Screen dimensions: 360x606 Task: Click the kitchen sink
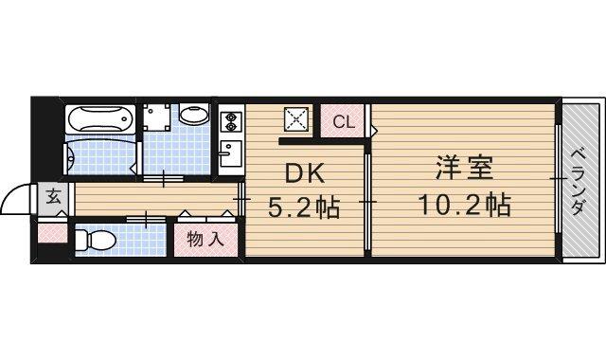click(x=228, y=153)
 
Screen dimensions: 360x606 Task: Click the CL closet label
click(x=345, y=121)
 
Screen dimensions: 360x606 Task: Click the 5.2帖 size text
click(x=301, y=206)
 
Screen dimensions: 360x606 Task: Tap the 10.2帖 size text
click(x=463, y=205)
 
